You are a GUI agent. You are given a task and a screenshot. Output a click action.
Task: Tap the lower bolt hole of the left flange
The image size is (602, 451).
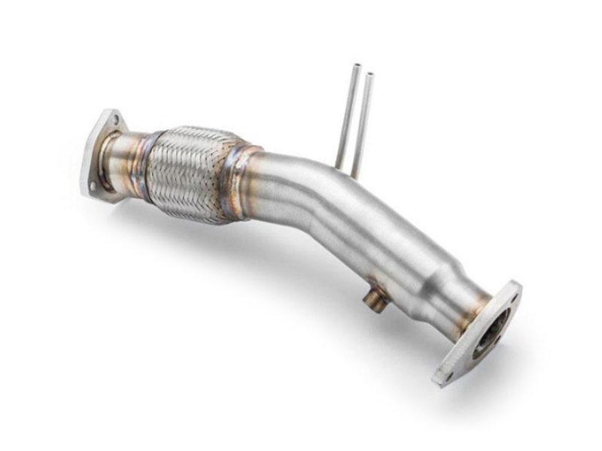pos(91,185)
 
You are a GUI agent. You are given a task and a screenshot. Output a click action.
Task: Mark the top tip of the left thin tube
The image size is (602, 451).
pos(355,66)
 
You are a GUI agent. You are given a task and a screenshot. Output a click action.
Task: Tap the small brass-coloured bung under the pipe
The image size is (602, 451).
pos(372,300)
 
